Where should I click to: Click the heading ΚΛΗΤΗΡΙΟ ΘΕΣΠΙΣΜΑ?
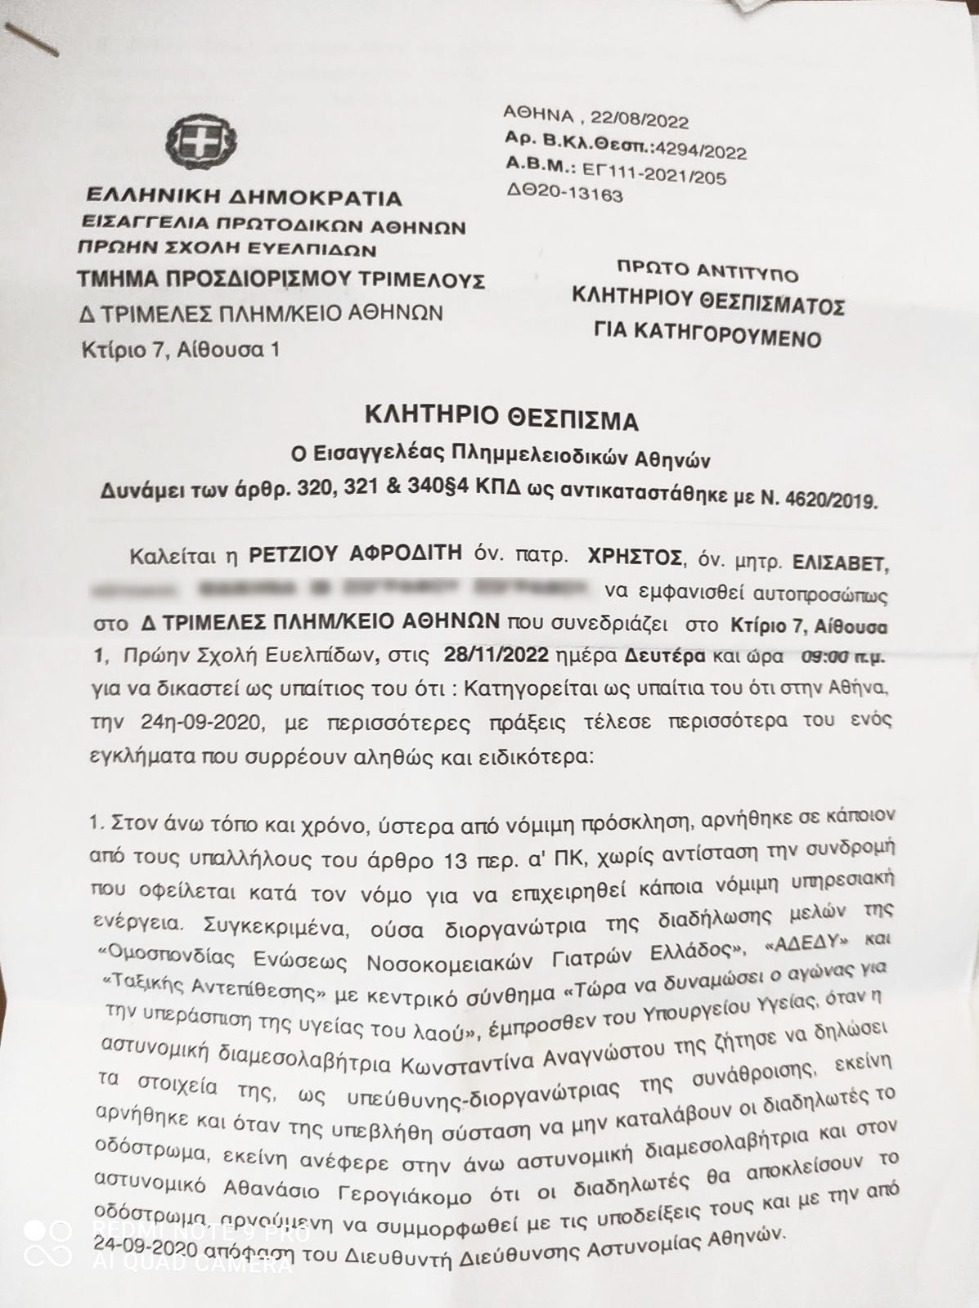(x=501, y=419)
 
